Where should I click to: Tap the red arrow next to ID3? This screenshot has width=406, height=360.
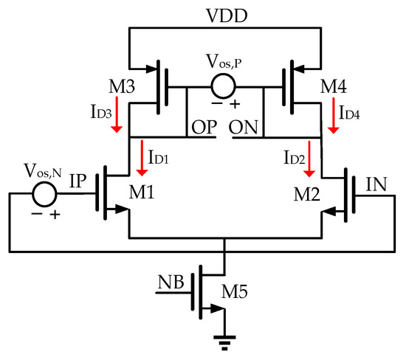115,120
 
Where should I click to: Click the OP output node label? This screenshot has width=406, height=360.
202,127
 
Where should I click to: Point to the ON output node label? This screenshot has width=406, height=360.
244,127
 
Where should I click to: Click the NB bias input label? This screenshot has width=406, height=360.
171,282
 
